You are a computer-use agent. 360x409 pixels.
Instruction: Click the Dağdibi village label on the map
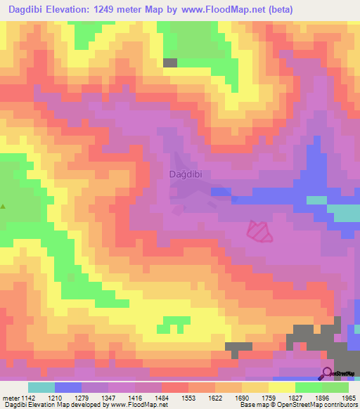188,174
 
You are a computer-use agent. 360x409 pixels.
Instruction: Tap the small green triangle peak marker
4,207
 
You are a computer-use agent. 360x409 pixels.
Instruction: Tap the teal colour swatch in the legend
41,387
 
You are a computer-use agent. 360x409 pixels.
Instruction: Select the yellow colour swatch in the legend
282,387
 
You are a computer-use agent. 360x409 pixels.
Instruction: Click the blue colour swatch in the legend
67,387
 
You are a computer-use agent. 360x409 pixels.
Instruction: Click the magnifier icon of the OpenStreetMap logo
328,372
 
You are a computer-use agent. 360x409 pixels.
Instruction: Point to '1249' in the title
110,9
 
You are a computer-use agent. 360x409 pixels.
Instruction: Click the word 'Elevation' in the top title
71,9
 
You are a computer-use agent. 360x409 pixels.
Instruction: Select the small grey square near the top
170,63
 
